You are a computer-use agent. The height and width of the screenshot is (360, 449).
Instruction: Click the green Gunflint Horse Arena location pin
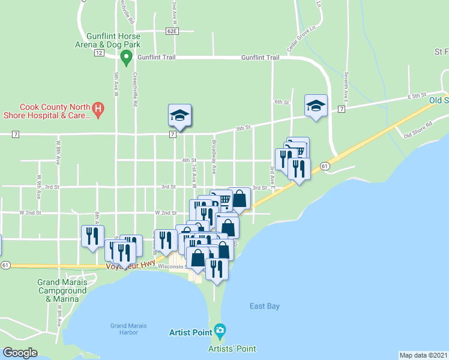(x=126, y=58)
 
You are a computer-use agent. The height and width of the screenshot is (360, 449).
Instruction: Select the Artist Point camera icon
(x=220, y=330)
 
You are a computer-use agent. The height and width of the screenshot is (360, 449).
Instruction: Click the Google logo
(x=20, y=353)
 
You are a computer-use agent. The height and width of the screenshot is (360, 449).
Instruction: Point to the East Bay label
(x=265, y=307)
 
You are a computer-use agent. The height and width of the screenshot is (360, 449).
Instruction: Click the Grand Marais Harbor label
(x=128, y=329)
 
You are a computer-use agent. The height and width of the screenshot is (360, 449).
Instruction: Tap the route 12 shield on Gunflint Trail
(x=98, y=53)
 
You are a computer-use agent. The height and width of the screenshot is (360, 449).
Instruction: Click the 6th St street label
(x=282, y=102)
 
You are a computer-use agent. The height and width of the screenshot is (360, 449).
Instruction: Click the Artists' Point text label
(x=232, y=349)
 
